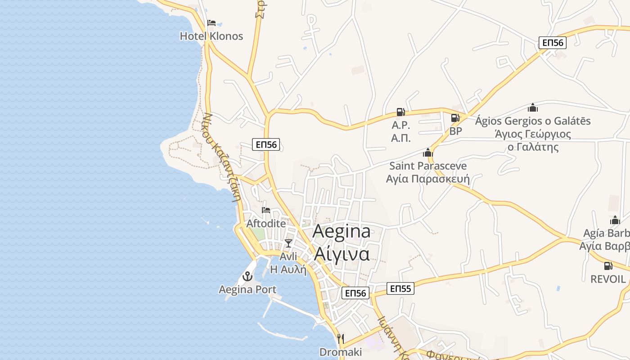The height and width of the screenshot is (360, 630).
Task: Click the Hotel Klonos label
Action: [211, 36]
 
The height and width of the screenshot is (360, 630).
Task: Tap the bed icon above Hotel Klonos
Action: [211, 23]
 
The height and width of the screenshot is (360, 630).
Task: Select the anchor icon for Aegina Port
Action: [247, 276]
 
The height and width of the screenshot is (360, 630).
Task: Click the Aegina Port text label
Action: [247, 289]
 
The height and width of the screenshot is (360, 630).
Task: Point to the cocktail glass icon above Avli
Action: [288, 243]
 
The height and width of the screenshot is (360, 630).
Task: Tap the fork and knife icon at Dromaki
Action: [341, 338]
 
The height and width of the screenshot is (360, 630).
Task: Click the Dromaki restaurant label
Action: [340, 352]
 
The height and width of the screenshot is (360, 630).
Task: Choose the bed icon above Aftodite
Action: [266, 210]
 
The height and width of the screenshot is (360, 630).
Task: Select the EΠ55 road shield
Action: [400, 288]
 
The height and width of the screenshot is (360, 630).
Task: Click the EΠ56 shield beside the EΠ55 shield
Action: [355, 293]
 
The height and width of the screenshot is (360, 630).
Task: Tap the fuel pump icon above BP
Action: [455, 118]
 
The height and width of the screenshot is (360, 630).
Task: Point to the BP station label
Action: [456, 131]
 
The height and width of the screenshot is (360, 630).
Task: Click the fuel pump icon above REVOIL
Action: [608, 266]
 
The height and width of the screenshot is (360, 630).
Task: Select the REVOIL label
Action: [608, 279]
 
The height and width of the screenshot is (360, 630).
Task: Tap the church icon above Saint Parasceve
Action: [427, 153]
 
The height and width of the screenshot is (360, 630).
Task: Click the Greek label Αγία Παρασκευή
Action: [427, 179]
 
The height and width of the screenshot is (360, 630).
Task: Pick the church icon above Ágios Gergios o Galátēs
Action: [533, 108]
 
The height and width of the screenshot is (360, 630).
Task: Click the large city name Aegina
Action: [342, 231]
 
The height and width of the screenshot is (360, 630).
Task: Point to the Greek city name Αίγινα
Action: [342, 254]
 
